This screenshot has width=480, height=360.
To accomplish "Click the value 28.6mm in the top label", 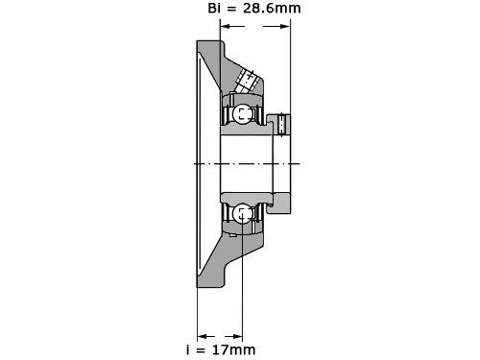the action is (272, 8).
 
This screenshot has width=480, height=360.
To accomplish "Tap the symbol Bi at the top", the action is (214, 8).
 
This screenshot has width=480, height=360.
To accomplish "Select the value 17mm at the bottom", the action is (234, 349).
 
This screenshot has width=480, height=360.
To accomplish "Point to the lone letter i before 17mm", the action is (188, 349).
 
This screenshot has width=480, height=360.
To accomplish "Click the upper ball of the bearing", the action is (242, 114).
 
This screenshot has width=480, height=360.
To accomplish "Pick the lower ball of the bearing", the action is (242, 214).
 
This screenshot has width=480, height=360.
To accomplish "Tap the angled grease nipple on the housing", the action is (247, 81).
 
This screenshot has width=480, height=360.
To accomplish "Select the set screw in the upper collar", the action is (281, 124).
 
